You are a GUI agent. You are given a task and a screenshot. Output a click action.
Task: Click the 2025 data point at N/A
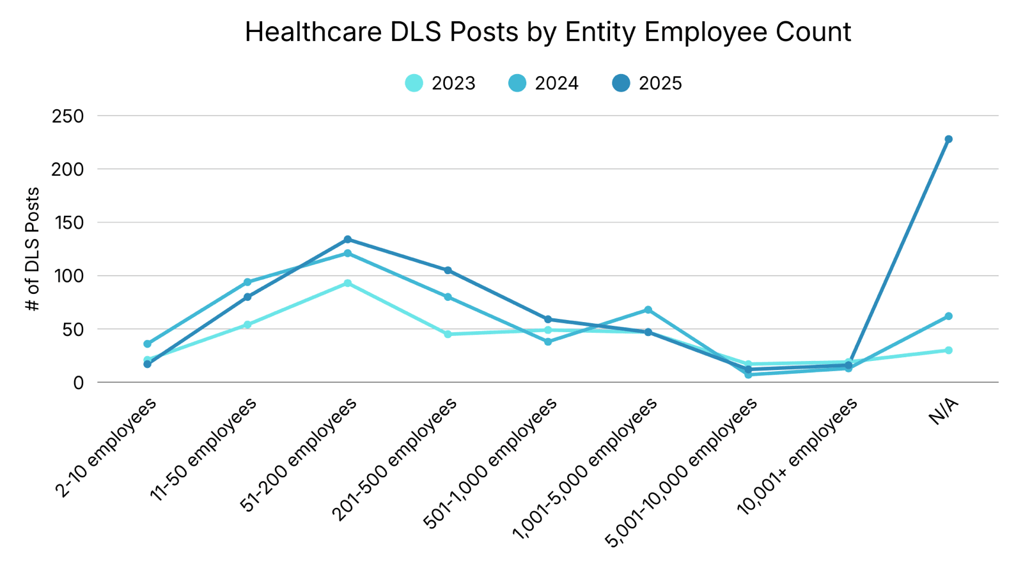(x=948, y=139)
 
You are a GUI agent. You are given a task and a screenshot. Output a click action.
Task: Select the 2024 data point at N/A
(x=948, y=316)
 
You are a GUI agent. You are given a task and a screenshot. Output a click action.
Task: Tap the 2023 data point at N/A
(x=948, y=350)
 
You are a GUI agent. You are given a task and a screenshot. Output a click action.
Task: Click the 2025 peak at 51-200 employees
(x=348, y=240)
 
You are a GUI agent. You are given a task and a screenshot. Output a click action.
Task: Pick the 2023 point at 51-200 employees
(x=348, y=283)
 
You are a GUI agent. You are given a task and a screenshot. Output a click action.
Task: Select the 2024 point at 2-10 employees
(x=148, y=344)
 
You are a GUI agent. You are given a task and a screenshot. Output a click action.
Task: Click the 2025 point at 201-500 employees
(x=448, y=270)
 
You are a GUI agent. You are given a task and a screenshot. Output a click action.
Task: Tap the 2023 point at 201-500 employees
(x=448, y=334)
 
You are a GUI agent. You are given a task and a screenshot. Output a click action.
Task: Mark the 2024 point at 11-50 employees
(x=247, y=282)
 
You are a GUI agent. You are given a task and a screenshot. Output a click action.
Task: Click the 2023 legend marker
(x=414, y=83)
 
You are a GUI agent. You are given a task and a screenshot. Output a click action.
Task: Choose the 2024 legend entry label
(x=556, y=84)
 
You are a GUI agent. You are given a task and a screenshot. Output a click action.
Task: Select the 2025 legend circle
(x=621, y=83)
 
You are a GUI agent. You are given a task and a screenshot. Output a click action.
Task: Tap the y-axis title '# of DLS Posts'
(x=33, y=249)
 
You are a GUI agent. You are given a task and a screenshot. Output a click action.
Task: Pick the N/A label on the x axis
(x=944, y=411)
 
